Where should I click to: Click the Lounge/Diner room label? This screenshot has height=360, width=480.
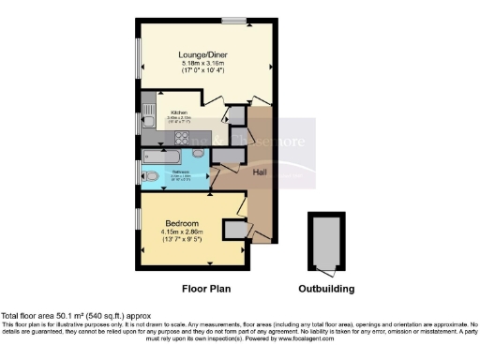(x=204, y=54)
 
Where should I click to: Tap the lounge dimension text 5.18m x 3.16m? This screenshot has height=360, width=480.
(x=204, y=63)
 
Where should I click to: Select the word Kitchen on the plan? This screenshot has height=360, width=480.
(x=179, y=110)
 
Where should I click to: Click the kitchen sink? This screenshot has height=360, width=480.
(x=148, y=117)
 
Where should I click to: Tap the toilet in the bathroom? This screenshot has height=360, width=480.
(x=152, y=175)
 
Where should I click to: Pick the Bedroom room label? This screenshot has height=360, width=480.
(x=183, y=223)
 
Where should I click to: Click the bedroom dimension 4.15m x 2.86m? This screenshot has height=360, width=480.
(x=183, y=232)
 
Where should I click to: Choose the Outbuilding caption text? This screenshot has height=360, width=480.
(x=325, y=288)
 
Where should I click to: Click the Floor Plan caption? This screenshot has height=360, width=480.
(x=207, y=288)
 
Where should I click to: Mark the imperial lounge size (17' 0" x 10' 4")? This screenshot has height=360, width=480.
(x=204, y=71)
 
